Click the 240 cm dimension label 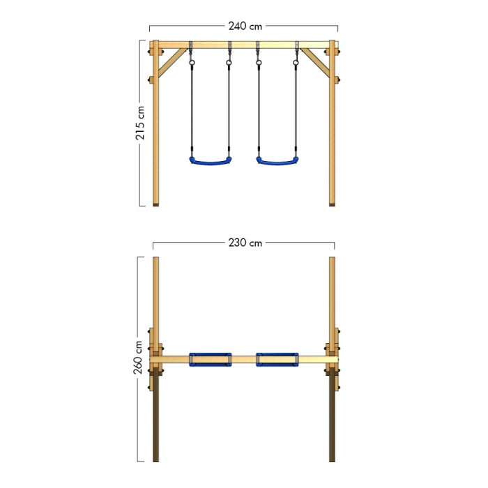pyautogui.click(x=245, y=26)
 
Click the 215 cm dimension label pyautogui.click(x=140, y=123)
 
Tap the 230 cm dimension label pyautogui.click(x=245, y=243)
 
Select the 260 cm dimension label pyautogui.click(x=138, y=357)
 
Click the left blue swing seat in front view pyautogui.click(x=211, y=162)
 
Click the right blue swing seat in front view pyautogui.click(x=277, y=162)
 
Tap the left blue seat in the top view pyautogui.click(x=211, y=360)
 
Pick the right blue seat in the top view pyautogui.click(x=277, y=360)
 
